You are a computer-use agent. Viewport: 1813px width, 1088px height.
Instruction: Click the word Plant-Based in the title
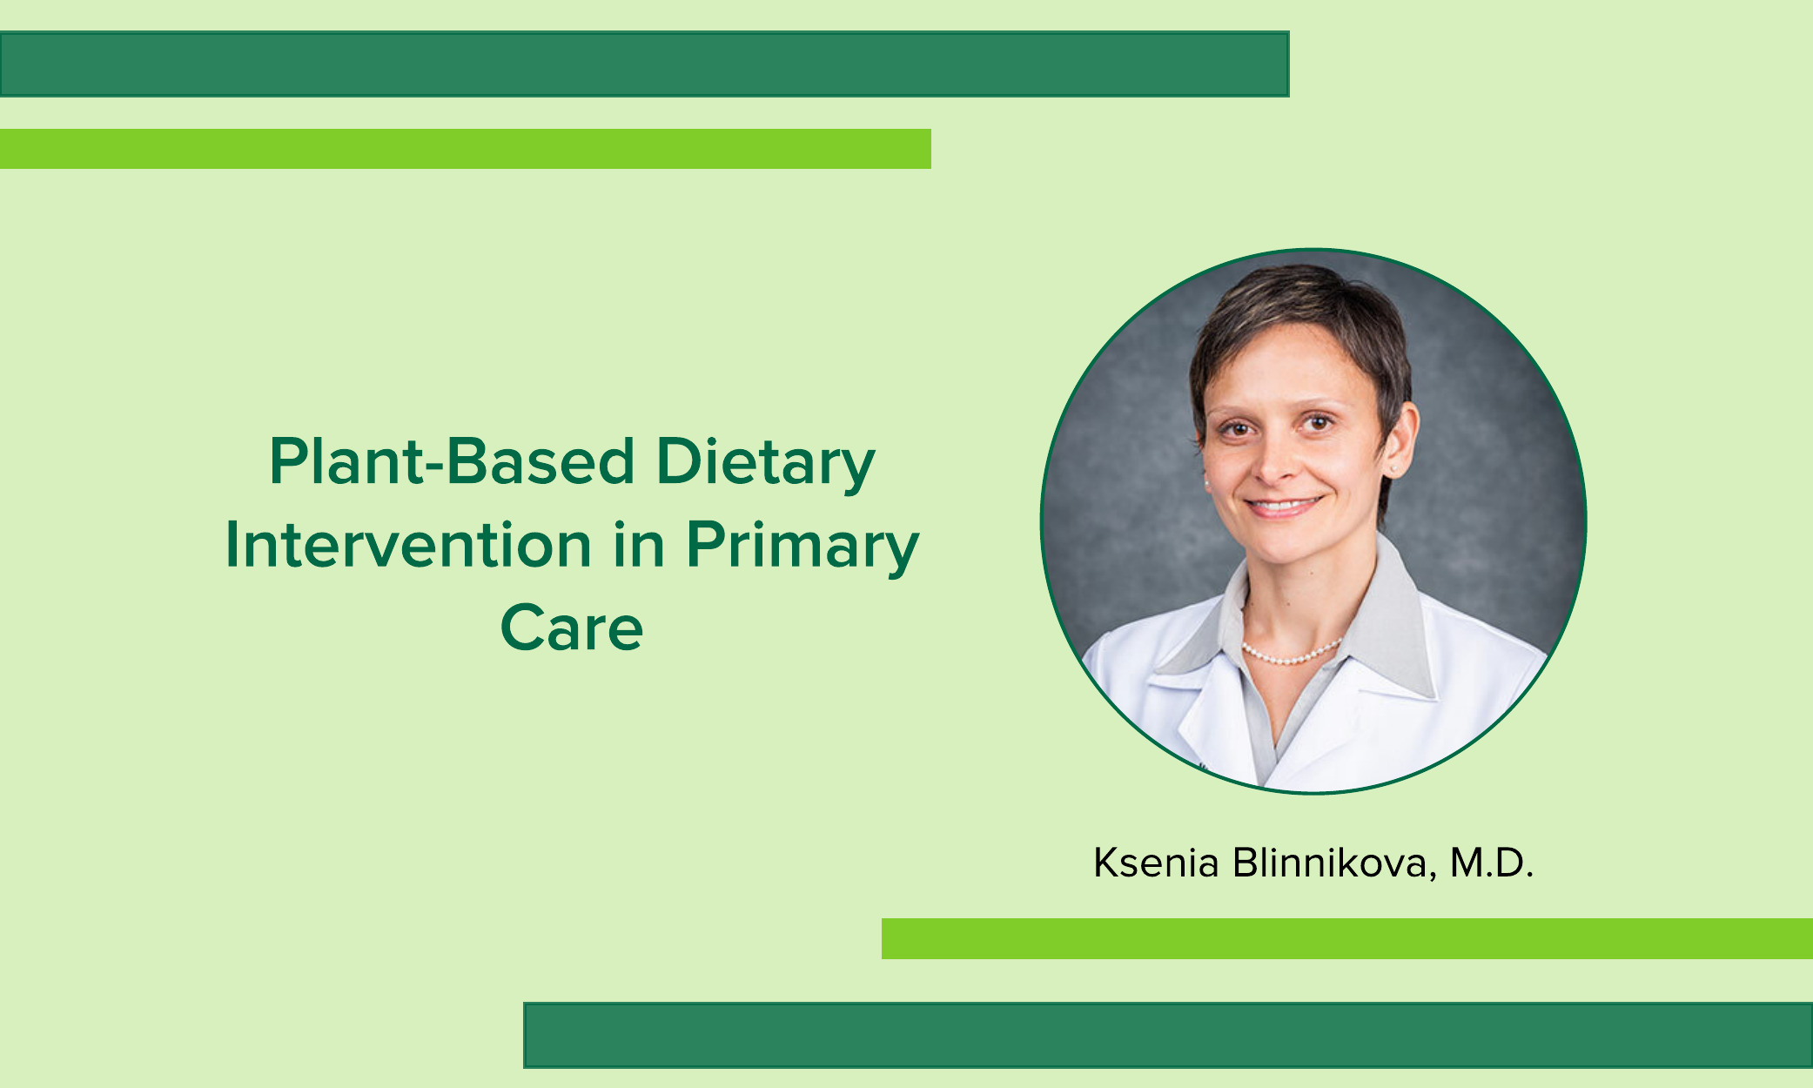452,461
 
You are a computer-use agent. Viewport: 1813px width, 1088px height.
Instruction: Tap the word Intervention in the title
409,545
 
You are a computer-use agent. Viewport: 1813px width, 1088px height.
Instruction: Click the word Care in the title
572,628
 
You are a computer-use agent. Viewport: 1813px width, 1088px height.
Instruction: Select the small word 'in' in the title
640,545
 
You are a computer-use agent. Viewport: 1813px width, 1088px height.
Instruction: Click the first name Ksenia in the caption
1156,863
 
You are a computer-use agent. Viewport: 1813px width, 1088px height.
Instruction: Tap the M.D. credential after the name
1491,863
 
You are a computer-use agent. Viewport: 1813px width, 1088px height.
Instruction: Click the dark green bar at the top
644,64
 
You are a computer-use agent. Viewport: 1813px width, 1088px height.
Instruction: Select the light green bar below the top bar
466,148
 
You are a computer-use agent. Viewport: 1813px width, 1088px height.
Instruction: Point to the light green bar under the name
1347,938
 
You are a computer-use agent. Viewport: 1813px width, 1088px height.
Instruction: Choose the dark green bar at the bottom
1168,1035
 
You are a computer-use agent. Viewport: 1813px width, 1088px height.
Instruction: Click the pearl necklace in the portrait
1292,654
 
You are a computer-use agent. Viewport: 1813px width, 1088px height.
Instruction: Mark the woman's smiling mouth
1283,505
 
